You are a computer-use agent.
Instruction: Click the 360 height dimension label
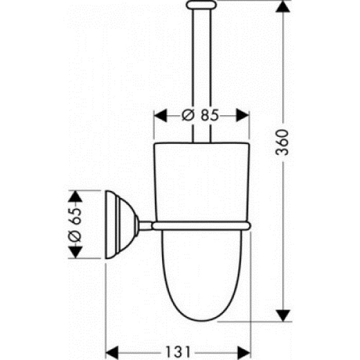pos(282,142)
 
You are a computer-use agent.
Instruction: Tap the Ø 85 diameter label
pos(201,115)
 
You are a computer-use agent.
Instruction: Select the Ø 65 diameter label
pos(75,225)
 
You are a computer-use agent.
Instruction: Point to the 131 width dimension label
pos(178,351)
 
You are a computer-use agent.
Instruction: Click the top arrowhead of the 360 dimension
pos(283,6)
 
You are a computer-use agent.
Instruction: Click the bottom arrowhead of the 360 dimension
pos(283,315)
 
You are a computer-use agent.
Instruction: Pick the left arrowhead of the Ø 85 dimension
pos(160,115)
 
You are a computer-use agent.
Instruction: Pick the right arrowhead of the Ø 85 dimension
pos(242,115)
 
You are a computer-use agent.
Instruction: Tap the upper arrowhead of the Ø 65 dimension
pos(75,196)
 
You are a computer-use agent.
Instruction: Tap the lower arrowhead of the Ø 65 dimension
pos(75,253)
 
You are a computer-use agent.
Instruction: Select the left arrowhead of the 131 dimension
pos(112,352)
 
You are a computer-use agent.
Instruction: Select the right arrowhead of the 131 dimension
pos(244,352)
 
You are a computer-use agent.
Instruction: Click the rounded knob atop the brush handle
pos(202,5)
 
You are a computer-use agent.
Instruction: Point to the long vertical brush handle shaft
pos(202,76)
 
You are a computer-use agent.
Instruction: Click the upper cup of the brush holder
pos(202,183)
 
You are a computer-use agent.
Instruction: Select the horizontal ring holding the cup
pos(201,226)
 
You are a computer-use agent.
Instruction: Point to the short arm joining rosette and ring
pos(146,226)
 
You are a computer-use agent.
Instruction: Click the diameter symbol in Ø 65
pos(75,236)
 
